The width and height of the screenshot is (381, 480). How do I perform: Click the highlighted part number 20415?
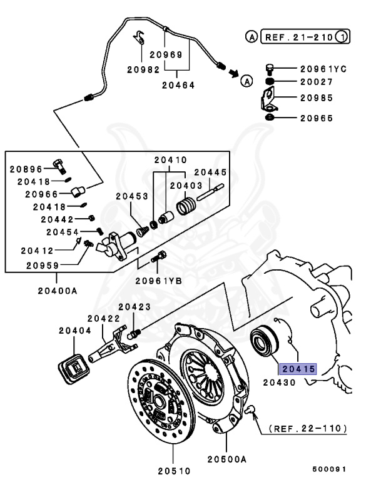(298, 369)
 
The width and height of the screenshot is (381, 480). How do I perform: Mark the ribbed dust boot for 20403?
(186, 206)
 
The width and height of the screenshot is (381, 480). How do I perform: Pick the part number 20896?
(26, 169)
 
